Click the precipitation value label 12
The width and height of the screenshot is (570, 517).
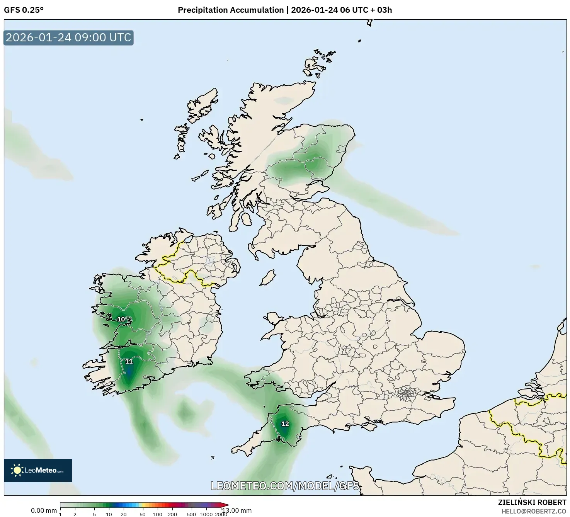(x=285, y=424)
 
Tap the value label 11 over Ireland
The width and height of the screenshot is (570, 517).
(x=129, y=362)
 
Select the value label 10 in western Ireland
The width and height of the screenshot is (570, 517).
(x=121, y=319)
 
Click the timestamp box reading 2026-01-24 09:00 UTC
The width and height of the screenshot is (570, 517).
(x=69, y=37)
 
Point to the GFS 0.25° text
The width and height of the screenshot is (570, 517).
(x=24, y=10)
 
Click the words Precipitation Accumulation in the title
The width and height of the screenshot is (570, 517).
(x=231, y=10)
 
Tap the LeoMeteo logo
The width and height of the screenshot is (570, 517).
(x=38, y=470)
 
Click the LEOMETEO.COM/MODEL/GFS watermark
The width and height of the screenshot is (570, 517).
(x=285, y=486)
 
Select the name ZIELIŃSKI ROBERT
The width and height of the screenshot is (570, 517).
(x=532, y=502)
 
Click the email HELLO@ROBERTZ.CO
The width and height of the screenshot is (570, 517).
(x=534, y=511)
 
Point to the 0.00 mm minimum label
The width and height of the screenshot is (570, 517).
(x=44, y=510)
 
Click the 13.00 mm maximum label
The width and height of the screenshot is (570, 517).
(x=237, y=510)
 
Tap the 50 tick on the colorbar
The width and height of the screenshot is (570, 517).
(x=143, y=514)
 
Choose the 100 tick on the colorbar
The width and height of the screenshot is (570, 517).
(x=158, y=514)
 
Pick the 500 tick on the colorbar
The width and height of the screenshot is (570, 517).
(x=191, y=514)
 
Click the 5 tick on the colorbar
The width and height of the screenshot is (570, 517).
(x=94, y=514)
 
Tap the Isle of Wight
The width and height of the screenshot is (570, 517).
(x=370, y=426)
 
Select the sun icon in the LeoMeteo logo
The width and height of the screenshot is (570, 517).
(x=17, y=470)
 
